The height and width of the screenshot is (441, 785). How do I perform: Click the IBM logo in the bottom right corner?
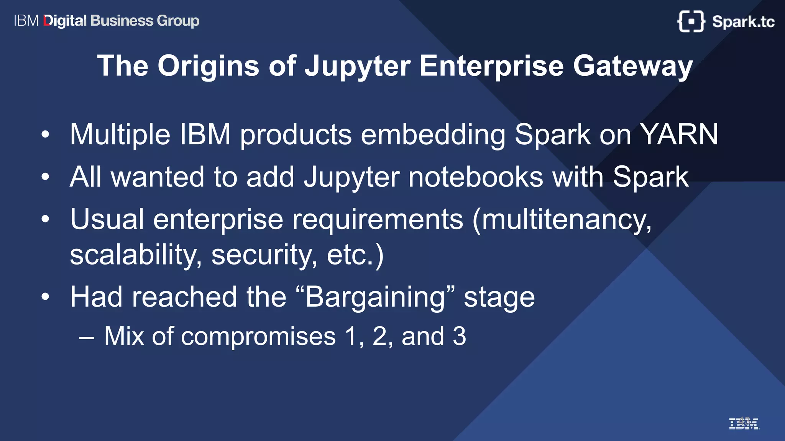pyautogui.click(x=744, y=423)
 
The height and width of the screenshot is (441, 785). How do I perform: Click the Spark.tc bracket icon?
pyautogui.click(x=691, y=21)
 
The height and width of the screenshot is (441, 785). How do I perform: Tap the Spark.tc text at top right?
pyautogui.click(x=743, y=21)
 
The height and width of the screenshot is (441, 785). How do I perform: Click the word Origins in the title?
pyautogui.click(x=208, y=66)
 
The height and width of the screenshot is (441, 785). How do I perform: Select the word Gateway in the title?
pyautogui.click(x=633, y=66)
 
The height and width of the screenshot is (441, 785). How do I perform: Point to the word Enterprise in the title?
pyautogui.click(x=491, y=66)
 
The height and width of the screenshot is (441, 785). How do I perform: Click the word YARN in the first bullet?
pyautogui.click(x=679, y=135)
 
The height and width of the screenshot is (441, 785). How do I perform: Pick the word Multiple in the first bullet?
pyautogui.click(x=120, y=135)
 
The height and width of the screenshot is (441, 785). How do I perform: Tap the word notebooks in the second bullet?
pyautogui.click(x=476, y=177)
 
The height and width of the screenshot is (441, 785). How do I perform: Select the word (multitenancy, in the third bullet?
pyautogui.click(x=562, y=220)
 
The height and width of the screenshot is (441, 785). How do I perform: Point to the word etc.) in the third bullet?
pyautogui.click(x=355, y=255)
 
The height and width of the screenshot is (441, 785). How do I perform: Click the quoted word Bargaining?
pyautogui.click(x=375, y=297)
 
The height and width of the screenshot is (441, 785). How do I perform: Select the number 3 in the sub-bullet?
pyautogui.click(x=459, y=336)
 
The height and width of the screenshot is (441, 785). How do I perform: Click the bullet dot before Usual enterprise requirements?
pyautogui.click(x=45, y=219)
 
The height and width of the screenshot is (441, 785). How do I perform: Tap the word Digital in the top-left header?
pyautogui.click(x=65, y=21)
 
